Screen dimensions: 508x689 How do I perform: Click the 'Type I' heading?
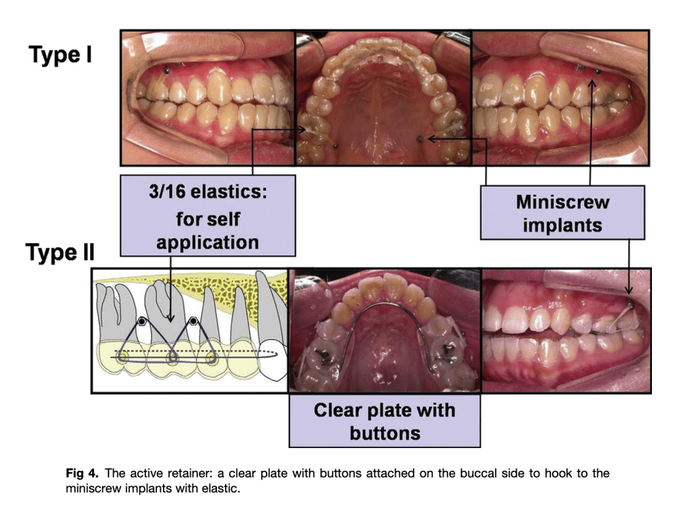(60, 55)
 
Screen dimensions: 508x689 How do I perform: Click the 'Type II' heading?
(60, 253)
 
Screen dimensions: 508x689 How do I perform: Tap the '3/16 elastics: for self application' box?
(207, 216)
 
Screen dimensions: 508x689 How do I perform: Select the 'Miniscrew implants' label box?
(562, 212)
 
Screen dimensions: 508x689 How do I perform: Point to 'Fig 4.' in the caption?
(81, 474)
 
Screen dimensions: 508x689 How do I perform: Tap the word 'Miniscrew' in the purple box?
(562, 202)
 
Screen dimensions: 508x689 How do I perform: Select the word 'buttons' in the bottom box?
(384, 433)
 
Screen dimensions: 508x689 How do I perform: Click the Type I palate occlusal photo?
(383, 98)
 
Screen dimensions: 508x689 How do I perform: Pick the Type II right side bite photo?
(566, 330)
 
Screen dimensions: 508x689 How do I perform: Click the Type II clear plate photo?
(384, 330)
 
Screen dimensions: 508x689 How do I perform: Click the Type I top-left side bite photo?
(207, 98)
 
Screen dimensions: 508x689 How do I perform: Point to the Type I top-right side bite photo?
(560, 98)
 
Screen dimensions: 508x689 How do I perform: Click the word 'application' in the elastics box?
(207, 242)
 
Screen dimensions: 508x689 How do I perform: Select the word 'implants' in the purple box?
(562, 224)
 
